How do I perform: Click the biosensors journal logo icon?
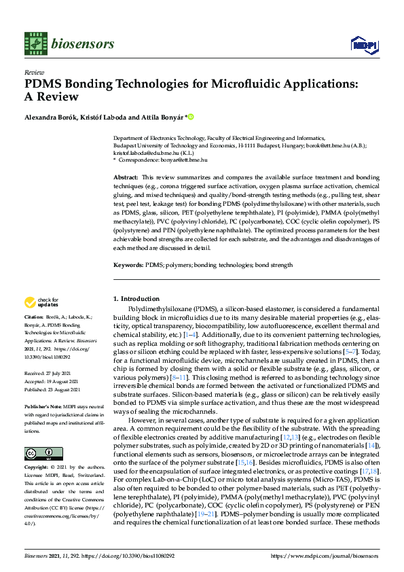coord(35,43)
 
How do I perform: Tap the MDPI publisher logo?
coord(363,44)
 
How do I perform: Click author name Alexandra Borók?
coord(52,117)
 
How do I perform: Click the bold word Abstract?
coord(126,177)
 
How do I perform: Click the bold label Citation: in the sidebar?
coord(34,317)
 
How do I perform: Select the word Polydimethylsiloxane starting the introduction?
coord(156,308)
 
